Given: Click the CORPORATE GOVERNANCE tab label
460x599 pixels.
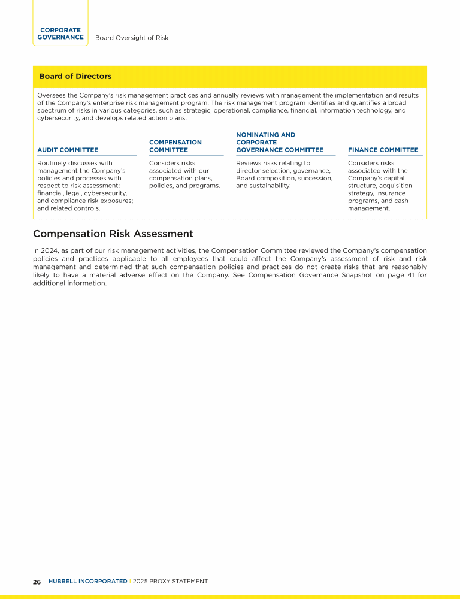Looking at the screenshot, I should (60, 34).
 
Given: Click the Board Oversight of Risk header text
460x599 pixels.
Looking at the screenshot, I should (132, 38).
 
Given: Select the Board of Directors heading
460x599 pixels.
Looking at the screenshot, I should (75, 77).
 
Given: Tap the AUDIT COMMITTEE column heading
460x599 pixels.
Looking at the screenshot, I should (68, 150).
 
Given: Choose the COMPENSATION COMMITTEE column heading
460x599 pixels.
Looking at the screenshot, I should (175, 146).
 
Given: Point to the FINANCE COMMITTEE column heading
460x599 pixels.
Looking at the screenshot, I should (383, 150).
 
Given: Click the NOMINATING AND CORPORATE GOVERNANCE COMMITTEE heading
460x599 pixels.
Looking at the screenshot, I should (279, 143).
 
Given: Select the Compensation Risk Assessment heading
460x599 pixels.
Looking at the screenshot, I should (113, 234).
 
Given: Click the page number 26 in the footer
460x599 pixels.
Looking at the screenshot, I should (37, 582).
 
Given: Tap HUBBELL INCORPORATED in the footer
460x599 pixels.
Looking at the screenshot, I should (87, 581).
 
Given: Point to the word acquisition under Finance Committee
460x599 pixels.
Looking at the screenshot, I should (393, 186).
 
